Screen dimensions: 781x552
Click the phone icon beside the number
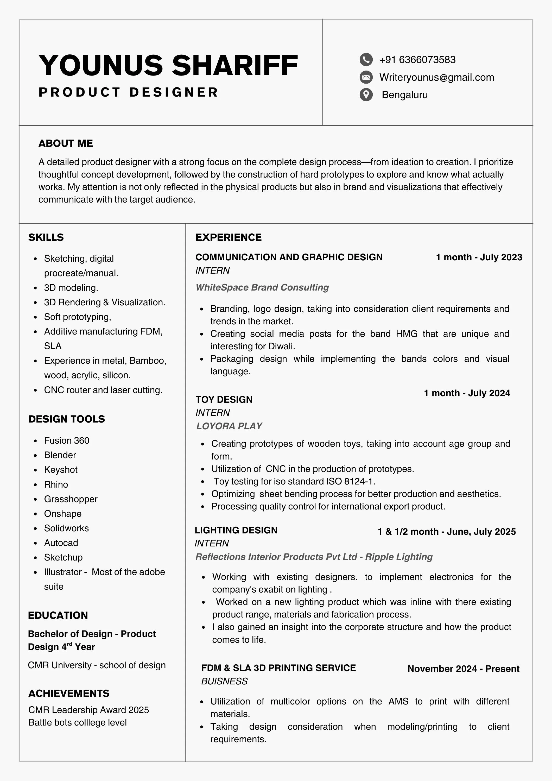(366, 60)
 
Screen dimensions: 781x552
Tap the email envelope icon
(366, 77)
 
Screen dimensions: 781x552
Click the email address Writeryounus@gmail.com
(437, 77)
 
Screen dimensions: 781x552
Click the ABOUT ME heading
(66, 143)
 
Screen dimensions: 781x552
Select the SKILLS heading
(46, 237)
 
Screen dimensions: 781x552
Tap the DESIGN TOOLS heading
(67, 419)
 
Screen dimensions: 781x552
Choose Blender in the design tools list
(60, 455)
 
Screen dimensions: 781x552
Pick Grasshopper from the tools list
(71, 499)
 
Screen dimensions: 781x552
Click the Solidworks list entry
(66, 528)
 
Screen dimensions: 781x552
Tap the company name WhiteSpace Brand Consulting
(262, 287)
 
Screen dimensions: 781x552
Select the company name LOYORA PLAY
(229, 426)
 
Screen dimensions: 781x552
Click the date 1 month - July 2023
(479, 257)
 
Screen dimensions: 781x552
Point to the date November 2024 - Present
(463, 669)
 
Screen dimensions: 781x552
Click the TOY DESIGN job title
(224, 399)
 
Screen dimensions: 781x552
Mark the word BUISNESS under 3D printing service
(225, 681)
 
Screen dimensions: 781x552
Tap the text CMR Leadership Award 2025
(88, 710)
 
